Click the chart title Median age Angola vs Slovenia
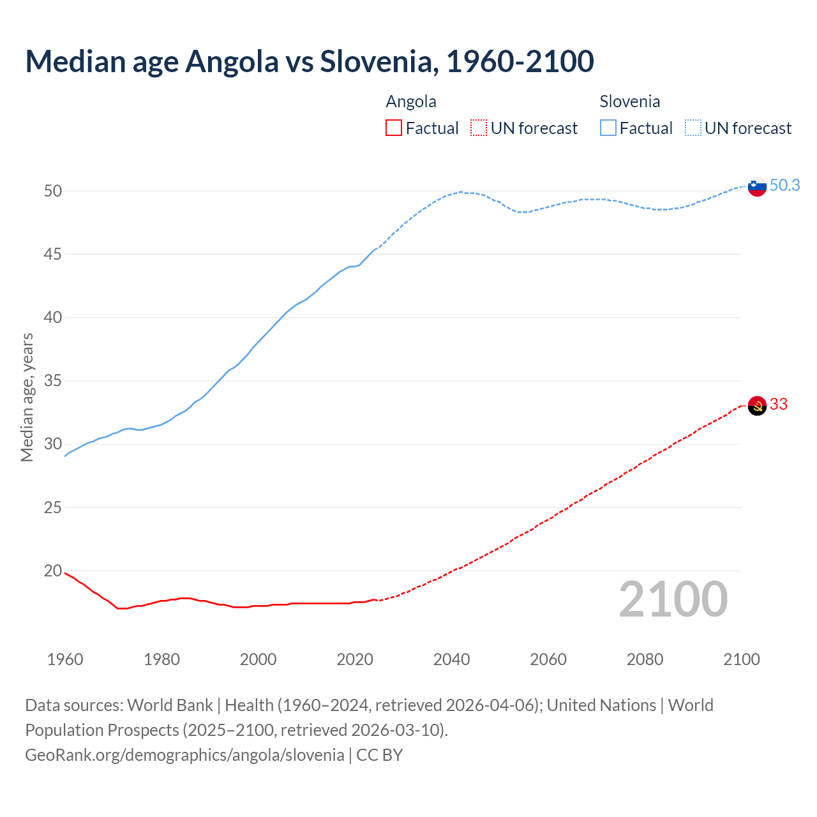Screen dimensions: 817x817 310,61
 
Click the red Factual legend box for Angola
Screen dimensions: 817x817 394,128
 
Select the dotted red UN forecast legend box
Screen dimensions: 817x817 479,128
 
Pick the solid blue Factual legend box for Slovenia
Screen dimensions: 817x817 608,128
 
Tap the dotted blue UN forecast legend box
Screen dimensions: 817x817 693,128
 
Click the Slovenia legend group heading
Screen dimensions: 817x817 629,101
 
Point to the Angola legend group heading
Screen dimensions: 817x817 411,101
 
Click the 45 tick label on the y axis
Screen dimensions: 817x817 53,255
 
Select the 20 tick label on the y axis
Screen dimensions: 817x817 53,571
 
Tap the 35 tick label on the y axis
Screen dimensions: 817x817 53,381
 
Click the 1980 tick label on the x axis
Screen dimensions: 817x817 161,659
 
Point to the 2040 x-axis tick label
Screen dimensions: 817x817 451,659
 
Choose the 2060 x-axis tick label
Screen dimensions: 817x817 548,659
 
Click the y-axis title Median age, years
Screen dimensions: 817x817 27,397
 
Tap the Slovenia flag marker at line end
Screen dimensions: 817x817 757,187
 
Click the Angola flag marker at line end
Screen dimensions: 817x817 757,405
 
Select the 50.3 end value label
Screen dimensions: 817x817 784,186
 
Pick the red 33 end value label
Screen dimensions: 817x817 779,405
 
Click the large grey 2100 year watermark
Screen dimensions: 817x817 673,599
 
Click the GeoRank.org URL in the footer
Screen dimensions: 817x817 184,755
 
